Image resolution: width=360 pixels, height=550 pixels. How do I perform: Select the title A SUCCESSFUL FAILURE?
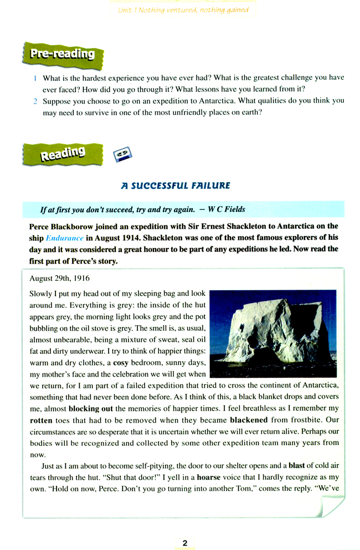(x=176, y=185)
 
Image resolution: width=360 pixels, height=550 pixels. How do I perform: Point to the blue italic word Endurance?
(x=64, y=238)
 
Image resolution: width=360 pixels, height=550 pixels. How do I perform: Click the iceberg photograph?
(x=274, y=333)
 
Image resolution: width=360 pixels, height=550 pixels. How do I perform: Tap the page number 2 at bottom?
(x=185, y=527)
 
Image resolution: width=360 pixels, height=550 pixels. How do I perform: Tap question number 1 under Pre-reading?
(x=34, y=78)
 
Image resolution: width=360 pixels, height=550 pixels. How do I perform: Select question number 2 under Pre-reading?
(x=34, y=101)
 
